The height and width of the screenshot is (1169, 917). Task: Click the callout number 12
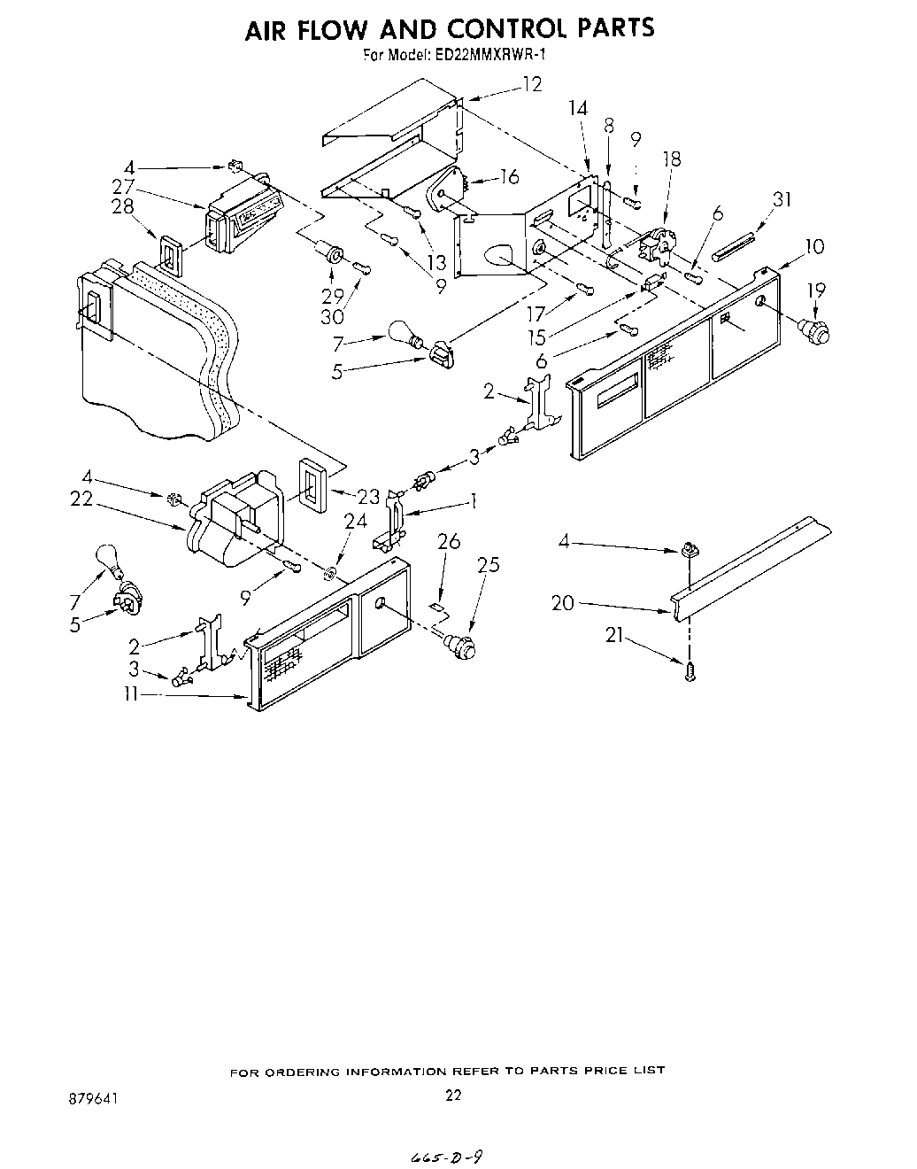(x=532, y=85)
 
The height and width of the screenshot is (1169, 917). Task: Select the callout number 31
(x=782, y=201)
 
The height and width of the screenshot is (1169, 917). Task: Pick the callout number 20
(x=562, y=603)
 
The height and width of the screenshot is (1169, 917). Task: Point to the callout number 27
(x=123, y=186)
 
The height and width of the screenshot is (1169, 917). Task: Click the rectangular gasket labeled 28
(x=171, y=251)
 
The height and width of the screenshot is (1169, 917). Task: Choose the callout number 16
(x=508, y=177)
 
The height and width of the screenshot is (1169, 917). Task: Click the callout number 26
(x=449, y=540)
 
